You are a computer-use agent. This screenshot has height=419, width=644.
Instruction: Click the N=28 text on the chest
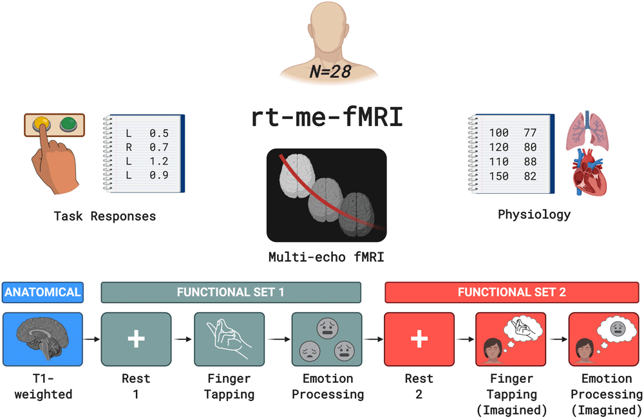pyautogui.click(x=330, y=71)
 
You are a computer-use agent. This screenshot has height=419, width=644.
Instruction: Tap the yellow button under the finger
pyautogui.click(x=43, y=122)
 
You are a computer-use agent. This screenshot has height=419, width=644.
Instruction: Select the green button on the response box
pyautogui.click(x=68, y=124)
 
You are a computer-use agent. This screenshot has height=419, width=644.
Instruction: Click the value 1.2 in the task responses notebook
pyautogui.click(x=159, y=161)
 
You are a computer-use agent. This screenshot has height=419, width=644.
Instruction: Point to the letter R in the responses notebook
pyautogui.click(x=129, y=147)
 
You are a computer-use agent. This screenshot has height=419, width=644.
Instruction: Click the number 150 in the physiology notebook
pyautogui.click(x=498, y=176)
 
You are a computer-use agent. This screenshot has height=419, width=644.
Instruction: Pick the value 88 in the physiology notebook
pyautogui.click(x=530, y=162)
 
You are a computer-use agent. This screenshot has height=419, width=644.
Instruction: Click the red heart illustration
pyautogui.click(x=589, y=173)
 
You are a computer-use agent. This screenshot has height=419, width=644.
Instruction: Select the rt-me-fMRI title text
pyautogui.click(x=327, y=117)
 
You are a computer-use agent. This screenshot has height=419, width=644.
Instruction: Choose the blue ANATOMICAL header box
pyautogui.click(x=43, y=292)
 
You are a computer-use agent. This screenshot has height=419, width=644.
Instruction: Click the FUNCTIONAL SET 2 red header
pyautogui.click(x=512, y=292)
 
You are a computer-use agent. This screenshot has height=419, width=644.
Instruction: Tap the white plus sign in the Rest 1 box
pyautogui.click(x=136, y=339)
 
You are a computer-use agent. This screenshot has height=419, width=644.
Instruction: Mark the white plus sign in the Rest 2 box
pyautogui.click(x=419, y=339)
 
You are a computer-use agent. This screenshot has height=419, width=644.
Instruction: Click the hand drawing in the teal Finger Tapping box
pyautogui.click(x=229, y=339)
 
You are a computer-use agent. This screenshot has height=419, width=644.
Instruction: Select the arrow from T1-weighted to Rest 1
pyautogui.click(x=91, y=339)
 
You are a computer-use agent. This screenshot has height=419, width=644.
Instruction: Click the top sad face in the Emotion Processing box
pyautogui.click(x=327, y=328)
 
